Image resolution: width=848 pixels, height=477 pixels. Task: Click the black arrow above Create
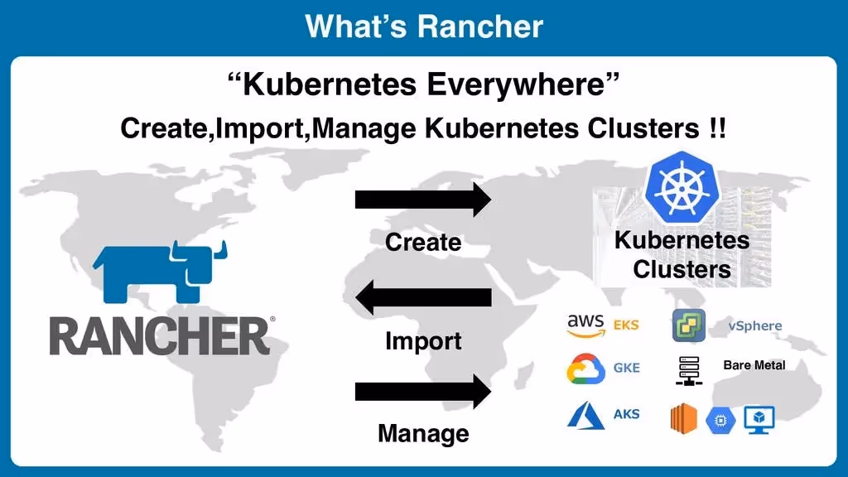(x=423, y=200)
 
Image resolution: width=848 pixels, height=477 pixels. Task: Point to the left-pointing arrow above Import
(x=423, y=296)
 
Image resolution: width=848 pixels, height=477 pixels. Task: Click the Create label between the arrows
(x=423, y=242)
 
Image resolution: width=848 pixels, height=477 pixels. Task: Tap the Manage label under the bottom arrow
(x=423, y=433)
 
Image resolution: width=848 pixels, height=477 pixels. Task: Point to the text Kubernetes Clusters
(x=682, y=255)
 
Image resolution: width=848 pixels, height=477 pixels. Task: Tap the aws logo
(x=586, y=325)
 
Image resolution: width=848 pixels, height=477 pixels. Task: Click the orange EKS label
(x=626, y=325)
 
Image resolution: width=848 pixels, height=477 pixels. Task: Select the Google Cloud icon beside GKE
(x=585, y=369)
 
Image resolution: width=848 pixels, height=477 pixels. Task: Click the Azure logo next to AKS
(x=585, y=415)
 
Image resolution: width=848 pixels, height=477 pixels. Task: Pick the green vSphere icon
(x=688, y=325)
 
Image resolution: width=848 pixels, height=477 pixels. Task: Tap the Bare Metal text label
(x=754, y=365)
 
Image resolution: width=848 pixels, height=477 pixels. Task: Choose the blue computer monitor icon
(x=757, y=419)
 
